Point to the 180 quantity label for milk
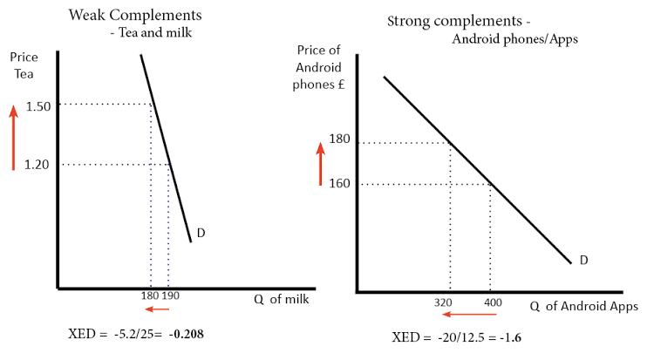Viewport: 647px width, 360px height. (148, 295)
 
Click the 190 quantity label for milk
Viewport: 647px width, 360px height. (170, 295)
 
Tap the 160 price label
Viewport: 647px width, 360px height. (339, 184)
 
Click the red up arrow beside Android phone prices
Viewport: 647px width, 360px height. (320, 165)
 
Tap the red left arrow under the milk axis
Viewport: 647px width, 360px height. (158, 309)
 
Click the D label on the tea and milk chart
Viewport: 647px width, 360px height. (201, 233)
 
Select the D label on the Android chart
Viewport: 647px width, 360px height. (584, 260)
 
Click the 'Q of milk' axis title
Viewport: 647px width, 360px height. (283, 299)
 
